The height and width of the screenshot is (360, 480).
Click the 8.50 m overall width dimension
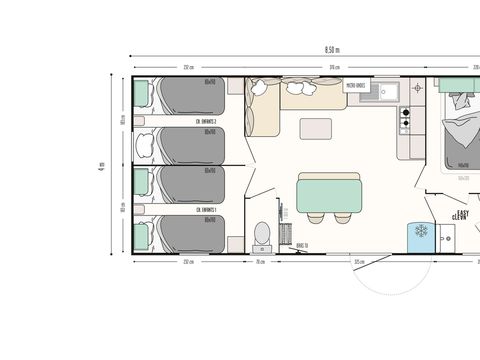point(331,49)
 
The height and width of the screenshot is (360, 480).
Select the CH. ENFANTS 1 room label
point(208,208)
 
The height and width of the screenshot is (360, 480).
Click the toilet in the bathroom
point(262,233)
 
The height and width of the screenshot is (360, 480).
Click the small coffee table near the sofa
point(318,128)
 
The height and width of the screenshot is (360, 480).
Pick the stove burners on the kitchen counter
point(406,121)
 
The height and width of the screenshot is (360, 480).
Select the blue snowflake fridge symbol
point(421,234)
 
